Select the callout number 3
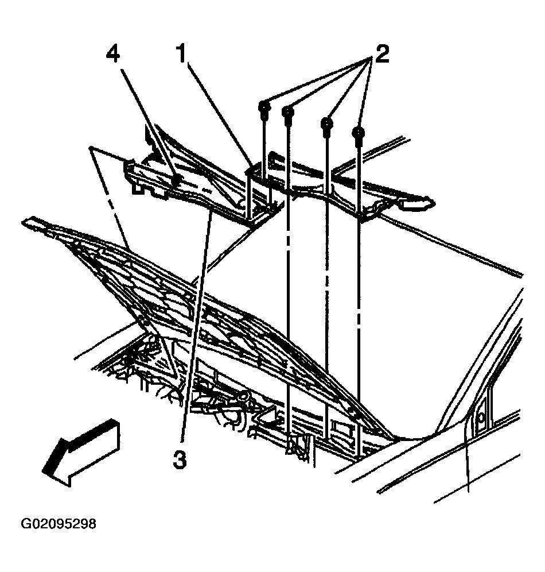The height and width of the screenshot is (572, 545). pyautogui.click(x=180, y=459)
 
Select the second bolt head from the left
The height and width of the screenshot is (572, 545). pyautogui.click(x=289, y=111)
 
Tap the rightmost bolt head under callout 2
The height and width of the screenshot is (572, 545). pyautogui.click(x=359, y=134)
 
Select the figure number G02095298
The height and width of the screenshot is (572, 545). pyautogui.click(x=59, y=524)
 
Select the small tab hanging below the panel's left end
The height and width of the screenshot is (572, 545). pyautogui.click(x=137, y=187)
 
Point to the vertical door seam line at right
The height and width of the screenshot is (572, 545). pyautogui.click(x=468, y=459)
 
